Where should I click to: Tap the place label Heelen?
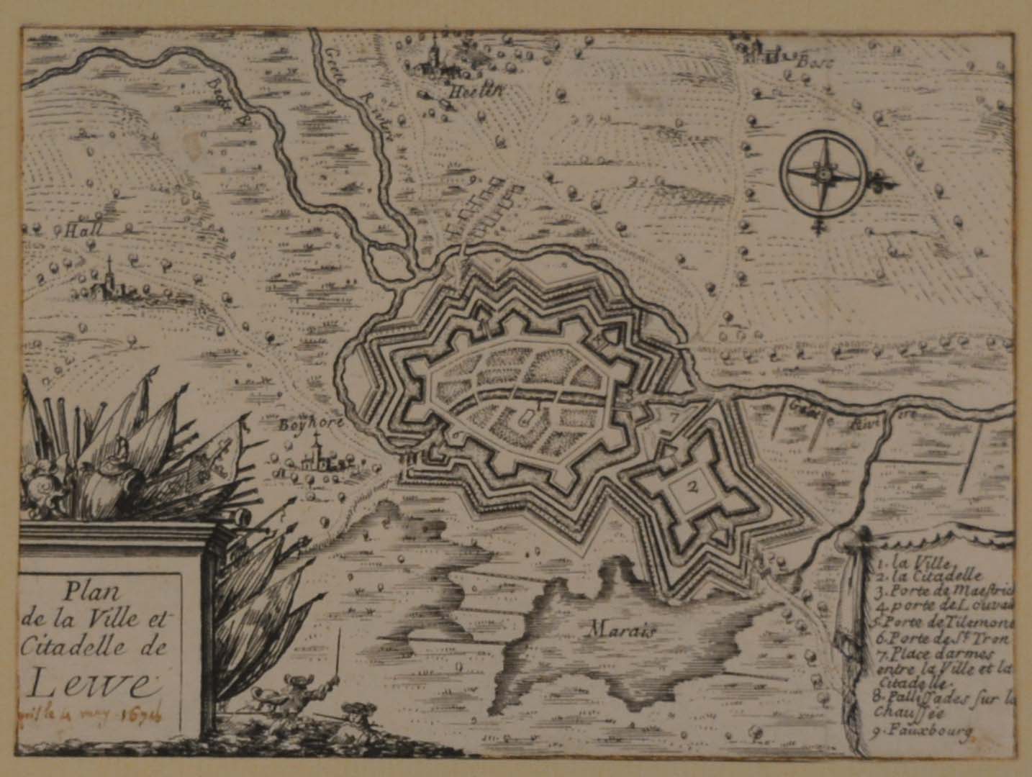(445, 91)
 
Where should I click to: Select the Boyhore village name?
(308, 424)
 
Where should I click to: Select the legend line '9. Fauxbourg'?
(925, 732)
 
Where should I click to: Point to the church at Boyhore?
(314, 458)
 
